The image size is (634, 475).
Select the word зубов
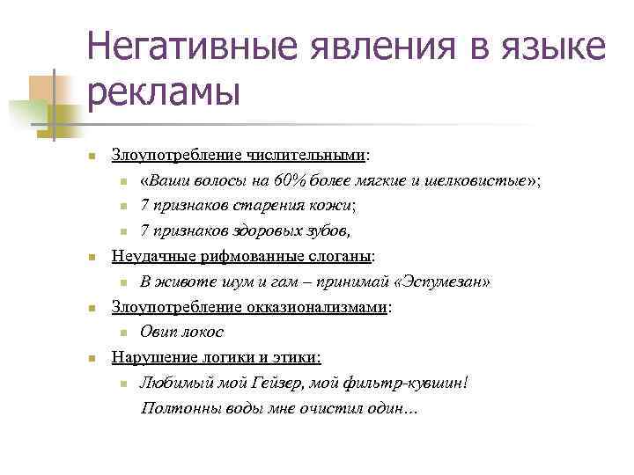325,232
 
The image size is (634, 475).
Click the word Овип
158,333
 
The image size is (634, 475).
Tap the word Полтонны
175,410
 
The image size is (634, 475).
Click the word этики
299,359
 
